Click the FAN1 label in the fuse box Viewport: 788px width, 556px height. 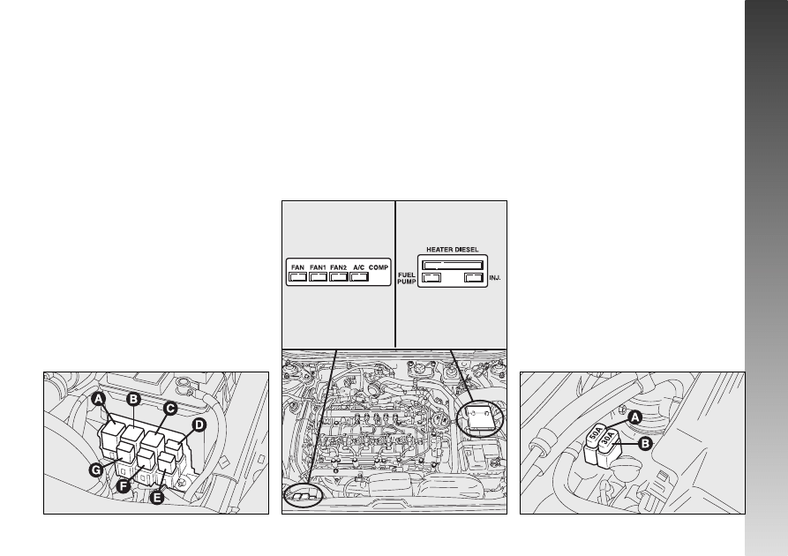(319, 267)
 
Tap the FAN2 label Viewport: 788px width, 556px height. (339, 267)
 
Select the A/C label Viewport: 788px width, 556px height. (359, 267)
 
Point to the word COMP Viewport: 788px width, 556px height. (379, 267)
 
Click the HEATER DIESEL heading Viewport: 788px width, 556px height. (453, 250)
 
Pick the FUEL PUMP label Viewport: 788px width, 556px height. (407, 279)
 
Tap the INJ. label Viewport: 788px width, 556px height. (495, 278)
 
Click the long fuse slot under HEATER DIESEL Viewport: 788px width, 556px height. (453, 265)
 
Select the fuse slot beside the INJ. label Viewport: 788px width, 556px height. (474, 277)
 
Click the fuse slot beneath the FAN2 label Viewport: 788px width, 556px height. (339, 277)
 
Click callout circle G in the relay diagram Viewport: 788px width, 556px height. (96, 470)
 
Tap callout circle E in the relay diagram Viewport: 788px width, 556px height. (157, 498)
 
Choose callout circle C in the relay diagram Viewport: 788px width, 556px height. (170, 409)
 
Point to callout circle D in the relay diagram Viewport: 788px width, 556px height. (199, 425)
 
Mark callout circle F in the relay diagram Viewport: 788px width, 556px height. (124, 486)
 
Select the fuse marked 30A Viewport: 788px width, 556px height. (608, 449)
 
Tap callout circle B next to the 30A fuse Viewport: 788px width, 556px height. (645, 444)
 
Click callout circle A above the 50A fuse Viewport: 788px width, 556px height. (635, 417)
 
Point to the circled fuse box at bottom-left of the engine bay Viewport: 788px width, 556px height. (303, 496)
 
